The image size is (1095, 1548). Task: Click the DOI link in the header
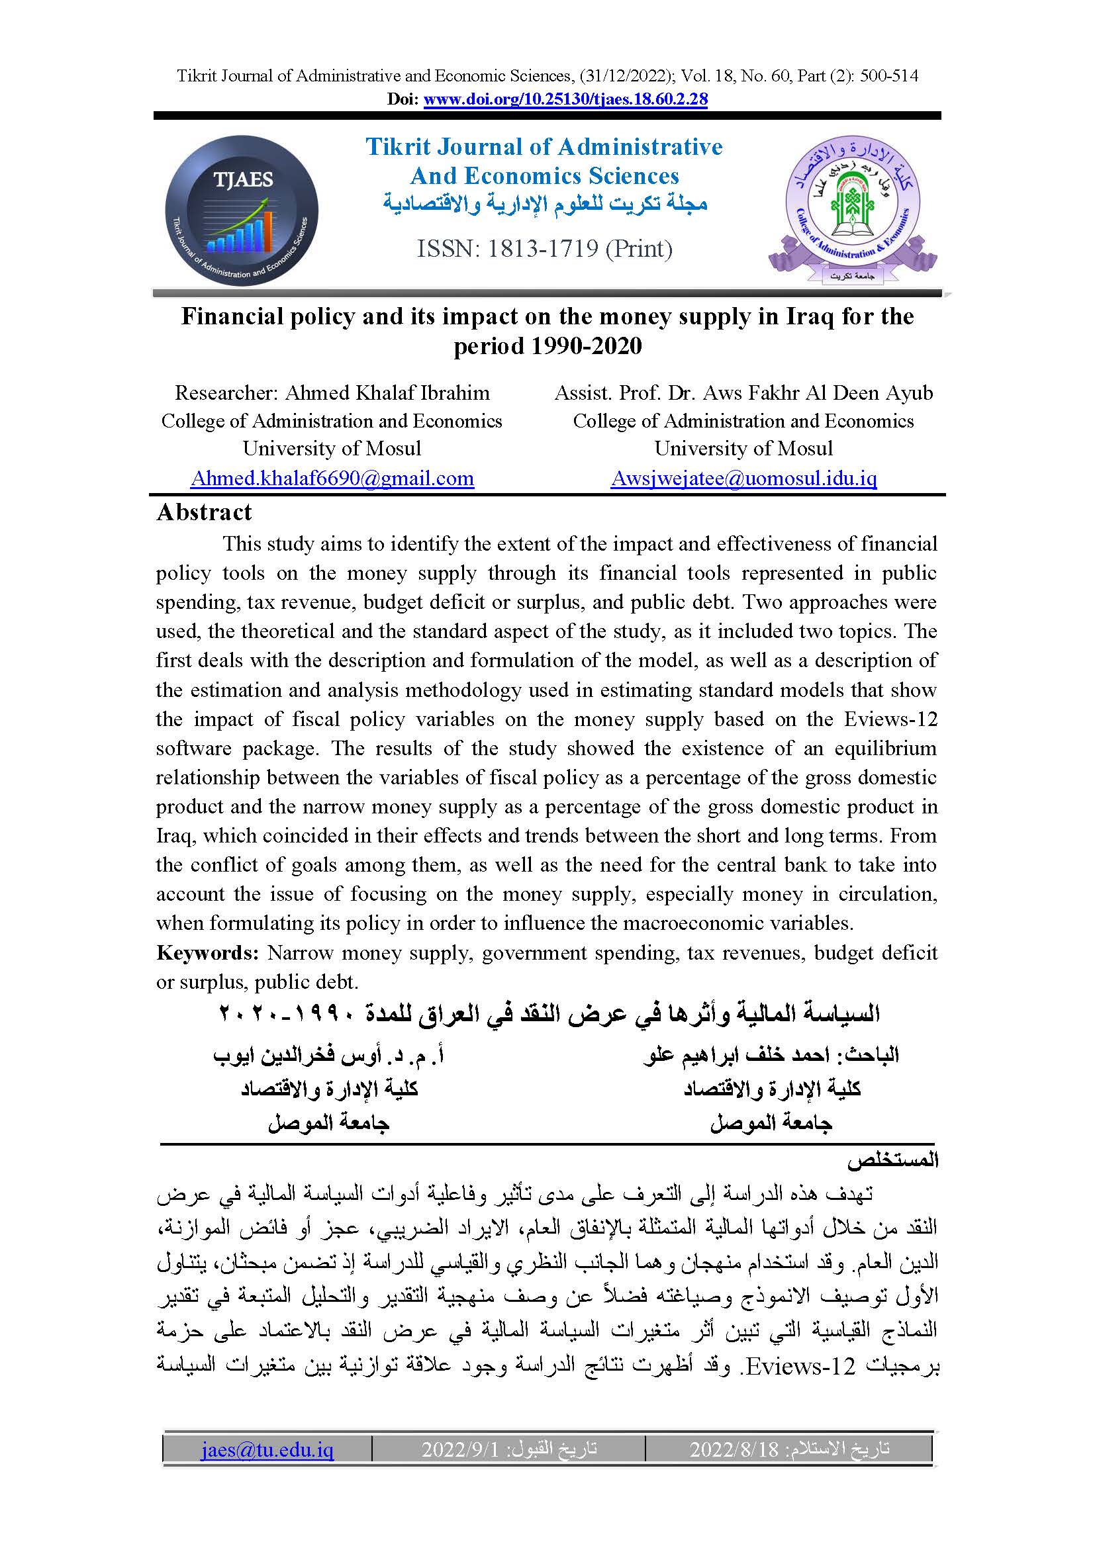pos(565,100)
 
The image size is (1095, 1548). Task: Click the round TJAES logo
pos(242,212)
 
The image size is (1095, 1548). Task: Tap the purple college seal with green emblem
pos(852,210)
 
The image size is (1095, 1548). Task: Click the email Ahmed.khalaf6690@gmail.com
pos(332,478)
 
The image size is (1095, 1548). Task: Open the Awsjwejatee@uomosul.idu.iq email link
pos(743,478)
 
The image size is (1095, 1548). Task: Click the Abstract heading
pos(204,512)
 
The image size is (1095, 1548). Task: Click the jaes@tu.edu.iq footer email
pos(267,1449)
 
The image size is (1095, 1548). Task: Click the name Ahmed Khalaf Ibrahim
pos(387,392)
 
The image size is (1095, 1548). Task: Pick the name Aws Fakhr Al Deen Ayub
pos(818,392)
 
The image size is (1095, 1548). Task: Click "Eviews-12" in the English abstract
pos(890,719)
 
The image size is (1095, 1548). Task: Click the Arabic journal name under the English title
pos(545,204)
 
